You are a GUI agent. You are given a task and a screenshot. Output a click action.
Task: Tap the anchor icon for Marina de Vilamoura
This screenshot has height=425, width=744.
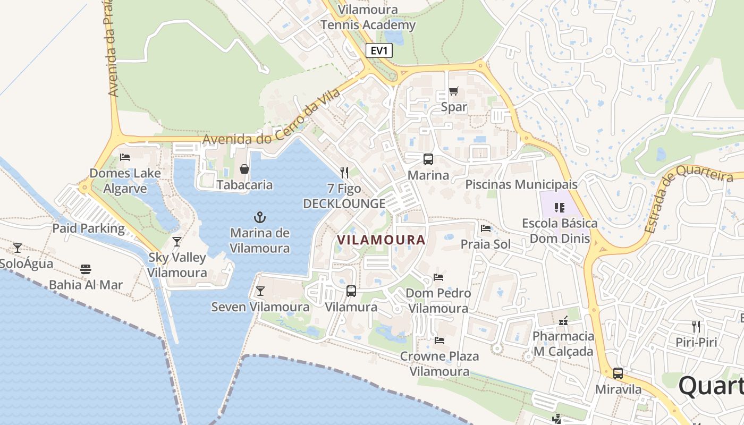(x=260, y=217)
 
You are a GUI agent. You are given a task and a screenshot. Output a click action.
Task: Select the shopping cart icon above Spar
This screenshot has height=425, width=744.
(x=453, y=91)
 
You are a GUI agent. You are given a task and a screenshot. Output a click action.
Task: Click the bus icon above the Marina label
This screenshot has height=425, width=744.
(x=428, y=159)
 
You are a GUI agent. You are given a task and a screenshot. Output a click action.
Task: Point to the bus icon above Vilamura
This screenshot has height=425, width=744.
(x=351, y=291)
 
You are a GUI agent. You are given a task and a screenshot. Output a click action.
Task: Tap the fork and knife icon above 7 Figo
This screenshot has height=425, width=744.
(x=344, y=172)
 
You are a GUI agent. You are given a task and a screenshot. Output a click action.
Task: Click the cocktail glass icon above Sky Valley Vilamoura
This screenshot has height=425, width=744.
(x=177, y=242)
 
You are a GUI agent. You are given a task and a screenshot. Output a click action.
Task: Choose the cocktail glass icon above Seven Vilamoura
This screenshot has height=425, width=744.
(x=260, y=291)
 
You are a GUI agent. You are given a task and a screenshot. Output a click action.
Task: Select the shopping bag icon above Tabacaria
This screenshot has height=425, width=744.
(x=244, y=169)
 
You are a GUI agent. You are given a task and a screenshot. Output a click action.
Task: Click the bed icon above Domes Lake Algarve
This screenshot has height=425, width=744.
(x=125, y=157)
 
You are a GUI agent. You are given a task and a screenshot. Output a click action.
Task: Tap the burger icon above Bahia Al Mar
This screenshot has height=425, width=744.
(x=86, y=269)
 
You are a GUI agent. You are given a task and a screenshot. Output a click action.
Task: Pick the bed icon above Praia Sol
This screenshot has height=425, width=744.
(x=485, y=228)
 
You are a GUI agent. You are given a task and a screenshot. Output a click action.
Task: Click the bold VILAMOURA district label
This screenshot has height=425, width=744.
(x=382, y=240)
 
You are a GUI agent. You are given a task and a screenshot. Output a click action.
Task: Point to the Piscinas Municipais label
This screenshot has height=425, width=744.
(x=521, y=184)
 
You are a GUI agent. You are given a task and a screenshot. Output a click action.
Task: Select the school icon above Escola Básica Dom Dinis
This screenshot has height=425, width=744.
(x=559, y=207)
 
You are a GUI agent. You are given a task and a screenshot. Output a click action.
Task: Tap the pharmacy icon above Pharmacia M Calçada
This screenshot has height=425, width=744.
(x=563, y=321)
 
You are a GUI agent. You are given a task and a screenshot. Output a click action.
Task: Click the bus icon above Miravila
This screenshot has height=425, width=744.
(x=618, y=373)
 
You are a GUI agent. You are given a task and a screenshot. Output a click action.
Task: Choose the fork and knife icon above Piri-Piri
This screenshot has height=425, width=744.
(x=696, y=326)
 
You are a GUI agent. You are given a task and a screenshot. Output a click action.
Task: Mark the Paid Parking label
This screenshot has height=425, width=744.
(x=88, y=228)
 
